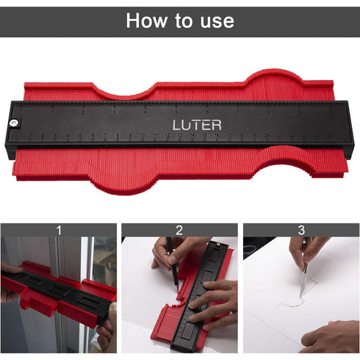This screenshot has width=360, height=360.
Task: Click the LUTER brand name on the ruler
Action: (x=196, y=124)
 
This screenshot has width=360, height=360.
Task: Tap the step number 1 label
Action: (x=59, y=230)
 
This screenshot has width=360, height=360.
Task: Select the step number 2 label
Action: (x=179, y=230)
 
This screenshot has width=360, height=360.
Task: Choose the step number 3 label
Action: (x=301, y=230)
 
